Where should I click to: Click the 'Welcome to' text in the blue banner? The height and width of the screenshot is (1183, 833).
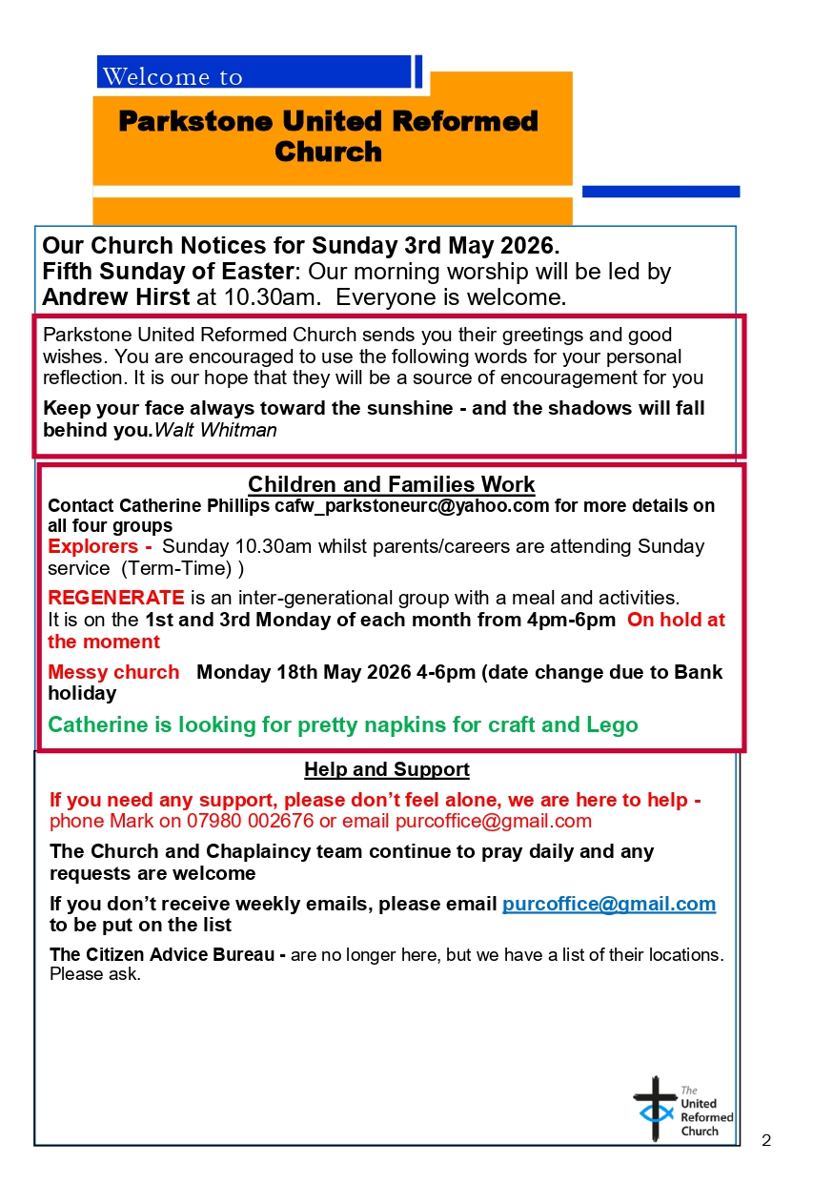(x=173, y=76)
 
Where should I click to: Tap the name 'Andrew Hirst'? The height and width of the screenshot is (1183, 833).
(x=116, y=296)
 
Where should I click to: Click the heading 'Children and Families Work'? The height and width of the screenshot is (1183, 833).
(x=392, y=484)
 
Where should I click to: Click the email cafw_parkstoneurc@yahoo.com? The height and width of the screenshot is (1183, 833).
(x=412, y=506)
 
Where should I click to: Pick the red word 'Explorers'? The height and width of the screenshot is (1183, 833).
(x=93, y=547)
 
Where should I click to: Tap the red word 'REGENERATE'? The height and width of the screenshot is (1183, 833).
(x=116, y=598)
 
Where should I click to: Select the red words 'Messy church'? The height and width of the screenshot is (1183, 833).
(x=113, y=672)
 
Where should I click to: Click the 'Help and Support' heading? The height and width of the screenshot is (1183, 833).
(x=387, y=769)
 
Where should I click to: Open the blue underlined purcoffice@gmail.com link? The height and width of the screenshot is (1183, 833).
(x=609, y=904)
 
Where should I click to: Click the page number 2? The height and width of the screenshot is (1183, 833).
(x=766, y=1140)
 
